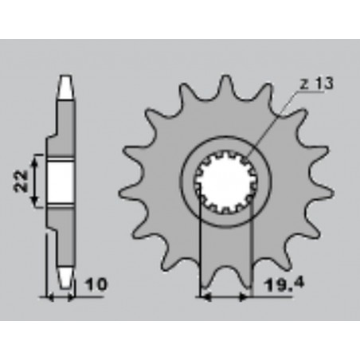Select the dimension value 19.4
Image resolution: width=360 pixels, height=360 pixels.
tap(278, 283)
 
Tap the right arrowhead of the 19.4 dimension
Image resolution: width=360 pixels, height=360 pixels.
tap(248, 297)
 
